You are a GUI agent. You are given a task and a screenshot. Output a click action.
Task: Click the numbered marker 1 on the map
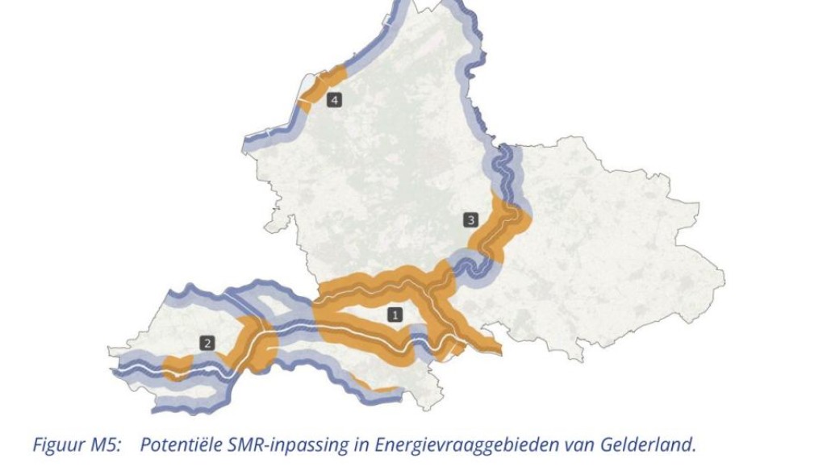395,315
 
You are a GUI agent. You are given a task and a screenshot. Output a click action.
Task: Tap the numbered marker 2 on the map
208,343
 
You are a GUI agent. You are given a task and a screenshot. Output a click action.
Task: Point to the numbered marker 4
334,100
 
